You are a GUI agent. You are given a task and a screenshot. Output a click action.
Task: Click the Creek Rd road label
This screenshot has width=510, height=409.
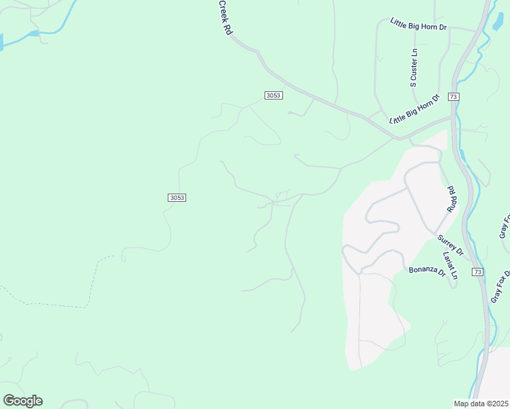[x=225, y=18]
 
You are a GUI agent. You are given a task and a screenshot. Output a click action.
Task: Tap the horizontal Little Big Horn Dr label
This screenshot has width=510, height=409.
[x=418, y=25]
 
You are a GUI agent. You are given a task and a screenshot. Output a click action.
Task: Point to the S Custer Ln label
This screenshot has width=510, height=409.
[x=413, y=68]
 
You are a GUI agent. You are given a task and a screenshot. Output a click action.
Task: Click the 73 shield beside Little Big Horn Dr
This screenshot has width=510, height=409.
[x=453, y=97]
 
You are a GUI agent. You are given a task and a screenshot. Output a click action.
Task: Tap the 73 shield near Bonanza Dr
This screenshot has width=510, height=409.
[x=477, y=272]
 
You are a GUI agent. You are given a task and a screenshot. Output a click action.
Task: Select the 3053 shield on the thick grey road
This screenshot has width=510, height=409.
[x=273, y=95]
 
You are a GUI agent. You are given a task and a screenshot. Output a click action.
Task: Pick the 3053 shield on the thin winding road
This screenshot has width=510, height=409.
[x=176, y=198]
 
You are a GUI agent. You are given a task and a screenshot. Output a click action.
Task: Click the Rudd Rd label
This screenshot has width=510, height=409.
[x=450, y=199]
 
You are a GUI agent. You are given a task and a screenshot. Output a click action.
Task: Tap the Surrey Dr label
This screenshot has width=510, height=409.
[x=451, y=245]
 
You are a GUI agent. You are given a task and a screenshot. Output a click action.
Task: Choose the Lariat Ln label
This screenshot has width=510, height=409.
[x=450, y=267]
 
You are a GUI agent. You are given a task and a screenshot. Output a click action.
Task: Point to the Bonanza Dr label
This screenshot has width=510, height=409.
[x=427, y=271]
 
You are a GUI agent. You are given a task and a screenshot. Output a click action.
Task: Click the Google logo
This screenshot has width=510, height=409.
[x=22, y=401]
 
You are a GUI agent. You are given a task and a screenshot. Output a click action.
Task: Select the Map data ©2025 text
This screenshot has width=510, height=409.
[x=481, y=404]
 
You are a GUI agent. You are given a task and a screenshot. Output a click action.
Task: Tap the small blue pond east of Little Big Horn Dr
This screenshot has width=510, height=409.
[x=498, y=21]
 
